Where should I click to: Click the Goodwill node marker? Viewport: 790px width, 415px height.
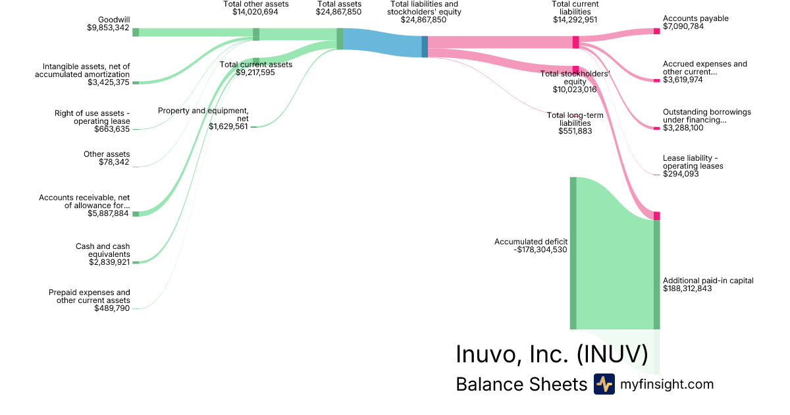136,32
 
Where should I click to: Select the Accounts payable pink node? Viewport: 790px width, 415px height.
656,31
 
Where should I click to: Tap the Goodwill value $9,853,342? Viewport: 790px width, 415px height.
108,28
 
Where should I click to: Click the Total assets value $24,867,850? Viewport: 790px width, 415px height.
338,12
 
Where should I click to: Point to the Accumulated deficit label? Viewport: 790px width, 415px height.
531,242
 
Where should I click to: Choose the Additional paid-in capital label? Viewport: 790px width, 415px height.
708,281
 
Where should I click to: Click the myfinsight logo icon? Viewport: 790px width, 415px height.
604,384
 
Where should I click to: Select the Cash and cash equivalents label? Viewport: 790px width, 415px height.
102,250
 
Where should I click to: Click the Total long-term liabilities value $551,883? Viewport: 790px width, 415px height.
575,131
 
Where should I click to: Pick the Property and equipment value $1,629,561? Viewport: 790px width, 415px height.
228,126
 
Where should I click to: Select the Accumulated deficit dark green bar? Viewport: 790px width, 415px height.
573,253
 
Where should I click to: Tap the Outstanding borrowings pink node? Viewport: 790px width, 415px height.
656,128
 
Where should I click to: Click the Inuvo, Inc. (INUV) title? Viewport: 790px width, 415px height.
552,354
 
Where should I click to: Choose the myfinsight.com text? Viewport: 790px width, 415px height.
667,385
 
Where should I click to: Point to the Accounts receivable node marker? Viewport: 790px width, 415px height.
136,214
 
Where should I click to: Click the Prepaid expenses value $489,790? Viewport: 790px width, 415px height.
112,308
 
